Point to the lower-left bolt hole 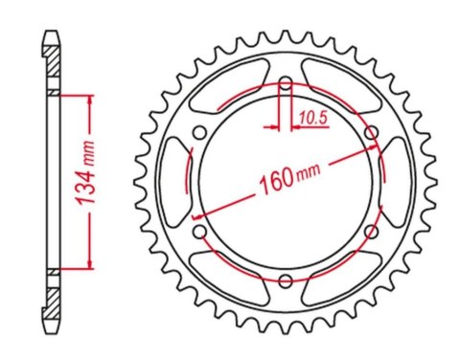[x=199, y=231]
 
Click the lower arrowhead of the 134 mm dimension [x=90, y=264]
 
